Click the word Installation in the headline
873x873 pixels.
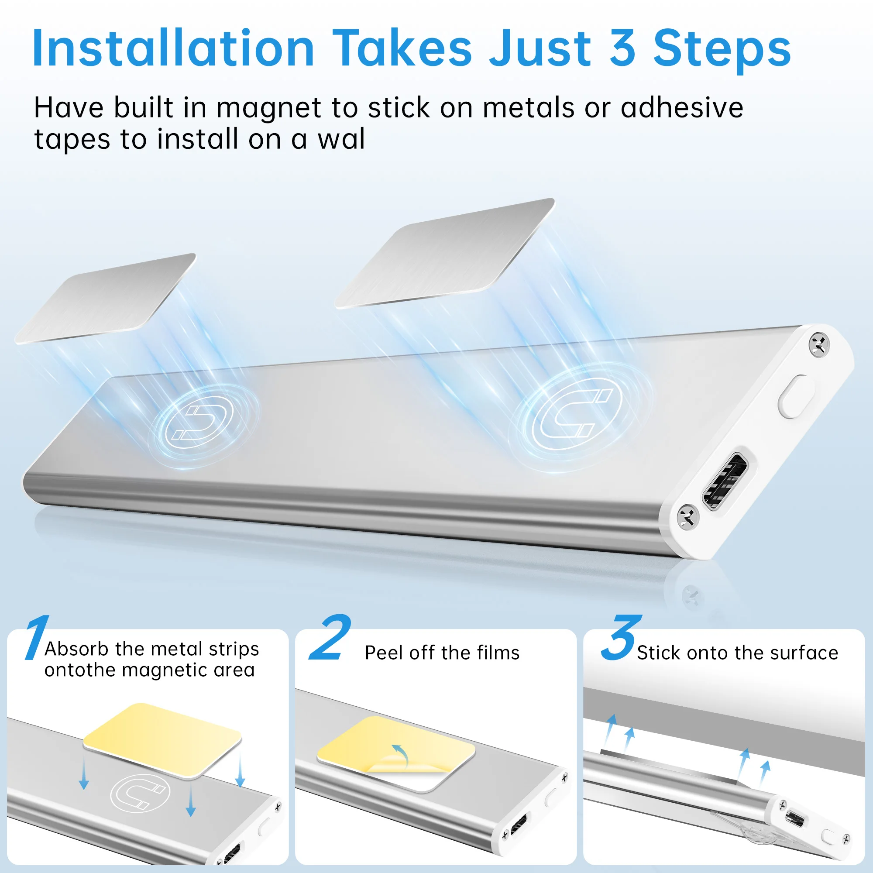[173, 48]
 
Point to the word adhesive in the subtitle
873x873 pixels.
[682, 107]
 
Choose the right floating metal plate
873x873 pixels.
[445, 254]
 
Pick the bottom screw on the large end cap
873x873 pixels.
[688, 516]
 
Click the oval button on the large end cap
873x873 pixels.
[796, 396]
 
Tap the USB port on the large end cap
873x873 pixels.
[725, 481]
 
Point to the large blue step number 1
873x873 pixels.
[36, 637]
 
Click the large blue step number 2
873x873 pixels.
[330, 637]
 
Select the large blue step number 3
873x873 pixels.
[621, 637]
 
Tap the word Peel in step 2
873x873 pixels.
[383, 653]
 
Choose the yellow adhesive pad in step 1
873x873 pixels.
[163, 740]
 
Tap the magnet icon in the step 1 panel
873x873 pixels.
[140, 793]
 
